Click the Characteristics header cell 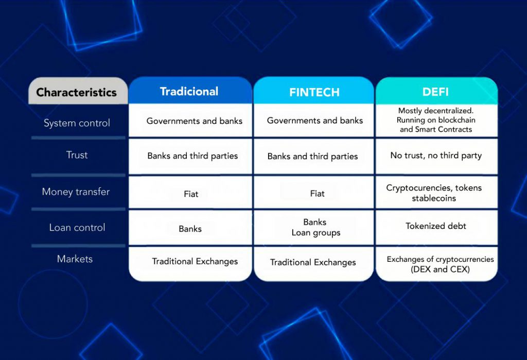pyautogui.click(x=78, y=91)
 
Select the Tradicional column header pyautogui.click(x=190, y=91)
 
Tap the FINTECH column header pyautogui.click(x=314, y=91)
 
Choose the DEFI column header pyautogui.click(x=436, y=91)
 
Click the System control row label pyautogui.click(x=77, y=123)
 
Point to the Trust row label pyautogui.click(x=77, y=155)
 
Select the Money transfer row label pyautogui.click(x=76, y=192)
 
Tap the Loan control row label pyautogui.click(x=77, y=227)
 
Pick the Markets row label pyautogui.click(x=75, y=259)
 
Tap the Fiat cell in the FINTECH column pyautogui.click(x=314, y=192)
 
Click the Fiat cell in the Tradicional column pyautogui.click(x=190, y=192)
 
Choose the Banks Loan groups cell pyautogui.click(x=314, y=227)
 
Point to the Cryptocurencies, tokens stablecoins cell pyautogui.click(x=436, y=192)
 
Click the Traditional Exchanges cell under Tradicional pyautogui.click(x=190, y=264)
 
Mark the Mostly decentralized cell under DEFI pyautogui.click(x=436, y=120)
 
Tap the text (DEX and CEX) pyautogui.click(x=440, y=269)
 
